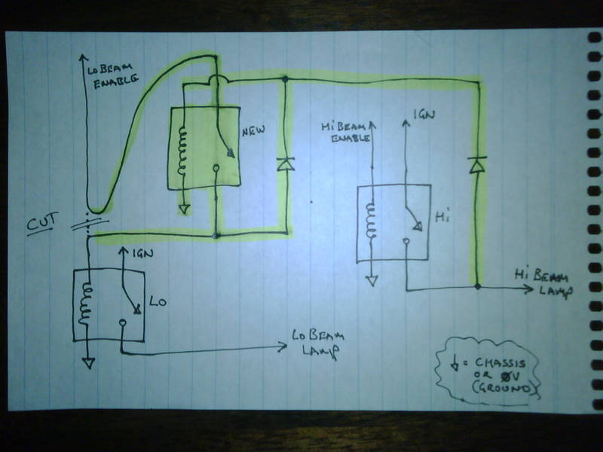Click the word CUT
coord(41,223)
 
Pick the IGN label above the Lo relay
coord(142,255)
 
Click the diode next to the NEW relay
coord(285,163)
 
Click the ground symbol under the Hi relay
coord(369,280)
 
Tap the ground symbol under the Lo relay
coord(88,362)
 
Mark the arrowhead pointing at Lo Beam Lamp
coord(282,347)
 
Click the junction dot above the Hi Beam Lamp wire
coord(476,286)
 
